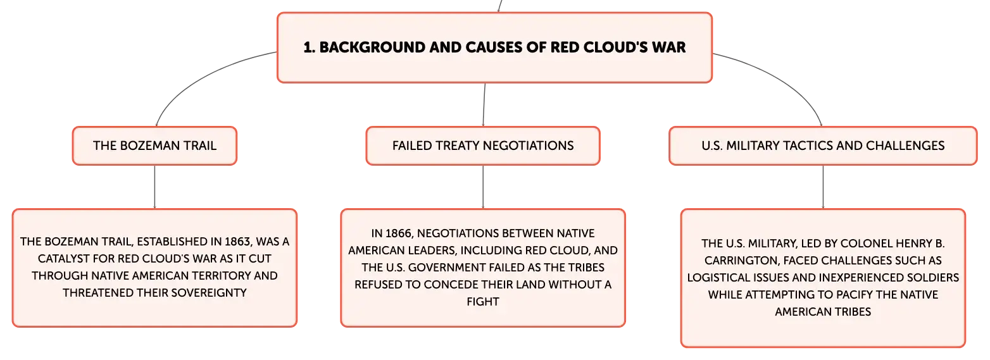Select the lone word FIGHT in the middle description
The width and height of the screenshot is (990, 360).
point(483,302)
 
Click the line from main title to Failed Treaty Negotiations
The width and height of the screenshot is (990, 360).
point(484,104)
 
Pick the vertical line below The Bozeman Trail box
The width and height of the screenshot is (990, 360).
point(154,187)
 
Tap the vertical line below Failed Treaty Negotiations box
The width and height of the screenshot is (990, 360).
point(483,187)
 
